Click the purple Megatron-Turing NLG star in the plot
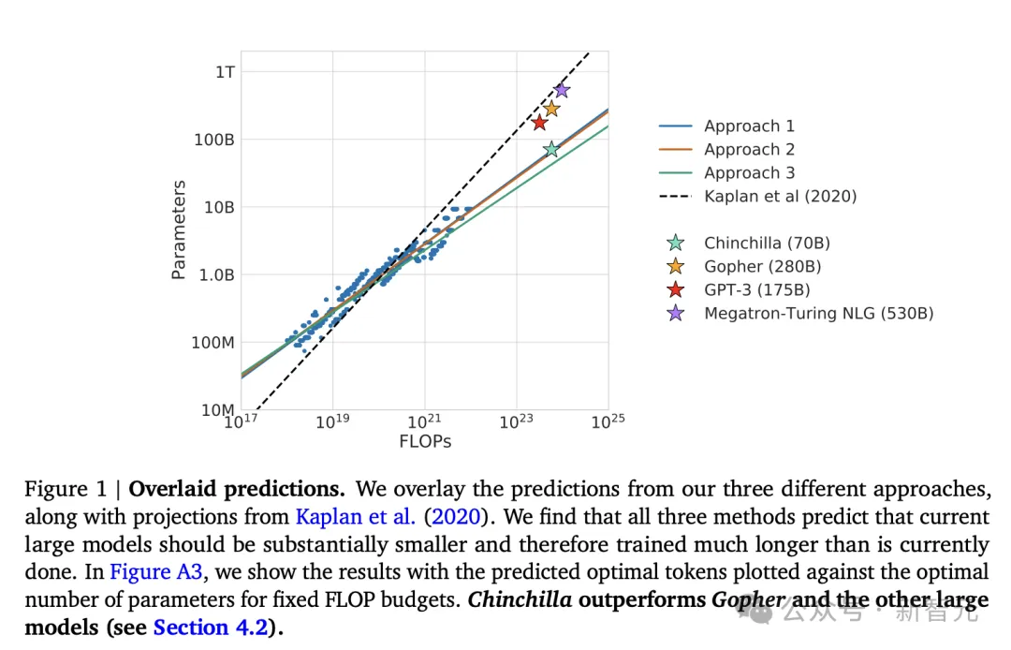tap(562, 90)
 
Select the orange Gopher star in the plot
tap(551, 109)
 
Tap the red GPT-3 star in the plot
tap(539, 123)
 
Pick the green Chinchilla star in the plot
tap(551, 149)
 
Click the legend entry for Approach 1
tap(749, 126)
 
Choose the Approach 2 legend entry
tap(749, 149)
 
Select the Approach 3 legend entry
tap(749, 172)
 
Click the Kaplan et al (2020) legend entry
tap(780, 196)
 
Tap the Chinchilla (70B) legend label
tap(767, 243)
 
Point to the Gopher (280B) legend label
tap(762, 266)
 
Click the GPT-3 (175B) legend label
tap(757, 289)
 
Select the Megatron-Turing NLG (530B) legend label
tap(818, 313)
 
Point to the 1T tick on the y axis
tap(225, 71)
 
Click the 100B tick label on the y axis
tap(214, 140)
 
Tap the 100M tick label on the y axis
tap(213, 343)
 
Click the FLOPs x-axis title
tap(424, 440)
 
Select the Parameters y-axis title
tap(179, 229)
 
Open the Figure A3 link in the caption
tap(155, 571)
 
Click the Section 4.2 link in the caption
tap(210, 627)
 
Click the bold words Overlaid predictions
tap(237, 489)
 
